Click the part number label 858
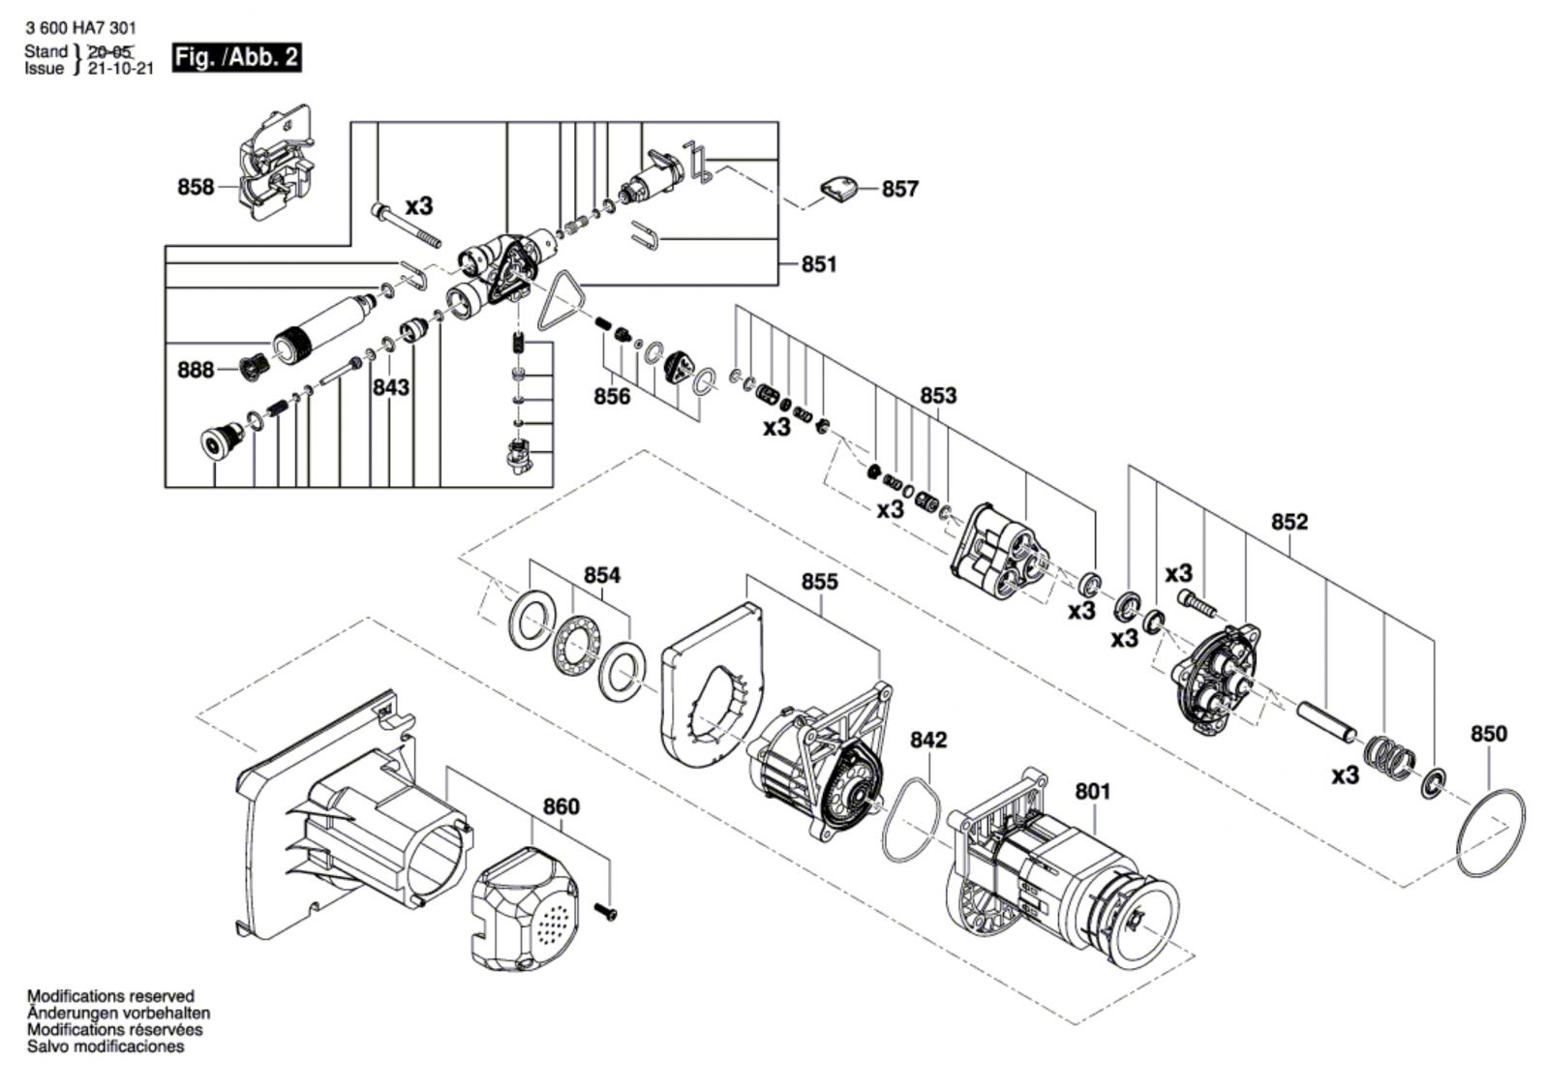196,187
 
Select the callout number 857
899,189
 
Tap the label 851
819,264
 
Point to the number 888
196,370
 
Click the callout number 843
391,388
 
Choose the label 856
612,396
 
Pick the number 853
938,396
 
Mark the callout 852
1290,522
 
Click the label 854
602,575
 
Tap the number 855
819,583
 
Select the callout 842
928,740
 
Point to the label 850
1489,734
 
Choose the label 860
561,806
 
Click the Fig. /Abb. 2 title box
236,57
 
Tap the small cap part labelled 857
838,190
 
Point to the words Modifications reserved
110,996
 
